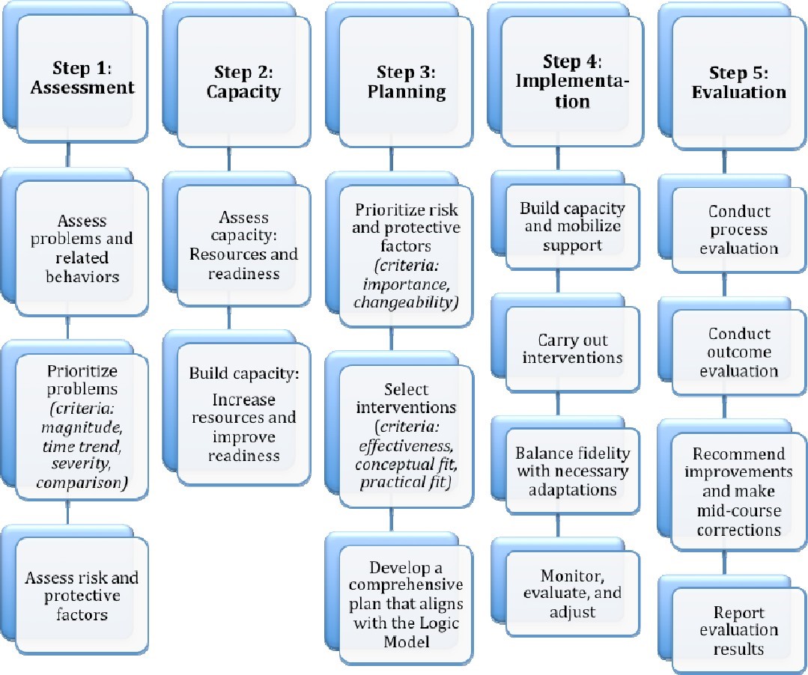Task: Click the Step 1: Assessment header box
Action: tap(82, 79)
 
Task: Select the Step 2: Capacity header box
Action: tap(243, 82)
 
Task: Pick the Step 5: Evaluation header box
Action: tap(738, 82)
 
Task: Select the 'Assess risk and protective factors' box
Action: tap(82, 596)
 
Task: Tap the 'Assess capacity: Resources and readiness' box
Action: tap(243, 245)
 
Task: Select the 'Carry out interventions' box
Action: tap(571, 348)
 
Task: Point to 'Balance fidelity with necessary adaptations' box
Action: tap(571, 471)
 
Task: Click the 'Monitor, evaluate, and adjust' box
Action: tap(571, 593)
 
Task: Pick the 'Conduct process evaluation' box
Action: tap(738, 230)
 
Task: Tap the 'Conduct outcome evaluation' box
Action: tap(738, 352)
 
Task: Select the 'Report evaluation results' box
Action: tap(738, 630)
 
